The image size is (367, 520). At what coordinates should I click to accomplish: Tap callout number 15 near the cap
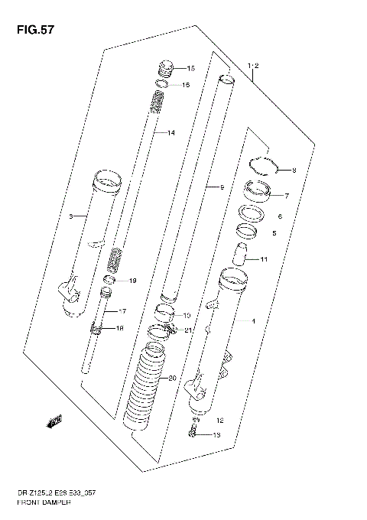(190, 67)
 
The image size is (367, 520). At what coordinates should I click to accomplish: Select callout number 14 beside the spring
(171, 133)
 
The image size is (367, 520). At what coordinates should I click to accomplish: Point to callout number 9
(221, 187)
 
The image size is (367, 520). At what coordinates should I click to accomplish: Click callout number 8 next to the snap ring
(293, 170)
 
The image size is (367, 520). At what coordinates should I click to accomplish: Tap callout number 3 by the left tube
(70, 217)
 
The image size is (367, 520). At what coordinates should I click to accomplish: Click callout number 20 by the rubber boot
(171, 378)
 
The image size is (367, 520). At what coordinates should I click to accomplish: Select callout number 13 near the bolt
(216, 435)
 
